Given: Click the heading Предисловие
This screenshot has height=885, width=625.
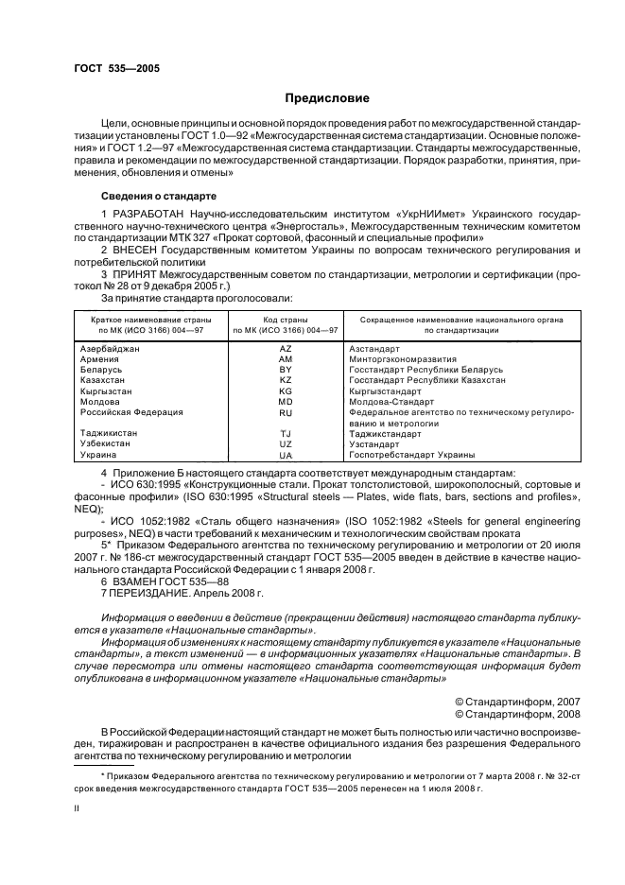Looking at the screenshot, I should coord(327,98).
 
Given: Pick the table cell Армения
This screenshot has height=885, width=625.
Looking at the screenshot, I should coord(100,359).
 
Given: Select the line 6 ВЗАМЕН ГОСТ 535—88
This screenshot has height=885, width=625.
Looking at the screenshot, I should coord(158,582).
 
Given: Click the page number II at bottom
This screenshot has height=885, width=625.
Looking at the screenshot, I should coord(78,808).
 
